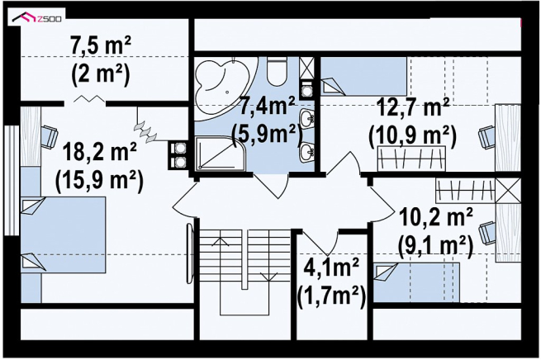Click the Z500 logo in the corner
[36, 17]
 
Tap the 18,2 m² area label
[99, 151]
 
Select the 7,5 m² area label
[101, 46]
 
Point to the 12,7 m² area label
[413, 107]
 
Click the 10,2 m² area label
[436, 218]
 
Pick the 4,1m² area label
[330, 268]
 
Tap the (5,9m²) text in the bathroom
[265, 134]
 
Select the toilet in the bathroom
[277, 72]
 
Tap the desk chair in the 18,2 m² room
[50, 137]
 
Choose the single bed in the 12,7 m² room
[364, 77]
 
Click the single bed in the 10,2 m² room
[417, 282]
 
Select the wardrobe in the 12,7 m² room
[411, 159]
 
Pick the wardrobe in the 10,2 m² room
[466, 191]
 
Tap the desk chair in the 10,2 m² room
[488, 233]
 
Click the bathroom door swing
[273, 186]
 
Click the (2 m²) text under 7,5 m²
[101, 73]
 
